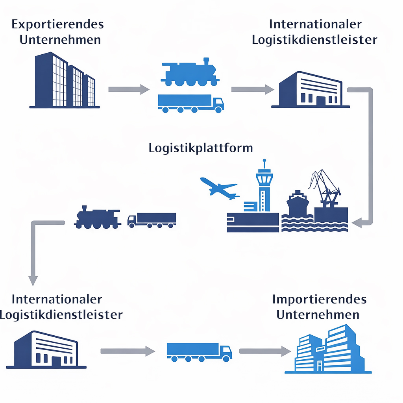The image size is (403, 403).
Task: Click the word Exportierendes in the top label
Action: coord(57,24)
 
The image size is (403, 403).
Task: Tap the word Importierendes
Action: coord(319,299)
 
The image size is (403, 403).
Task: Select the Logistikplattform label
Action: coord(201,148)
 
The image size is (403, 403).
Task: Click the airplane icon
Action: coord(220,188)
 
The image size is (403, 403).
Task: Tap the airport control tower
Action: coord(264,189)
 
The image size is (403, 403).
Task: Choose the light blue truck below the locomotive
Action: coord(190,103)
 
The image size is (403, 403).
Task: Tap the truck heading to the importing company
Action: coord(199,351)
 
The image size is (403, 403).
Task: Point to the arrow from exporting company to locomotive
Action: coord(128,89)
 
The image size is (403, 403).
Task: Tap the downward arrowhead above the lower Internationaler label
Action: coord(33,280)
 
